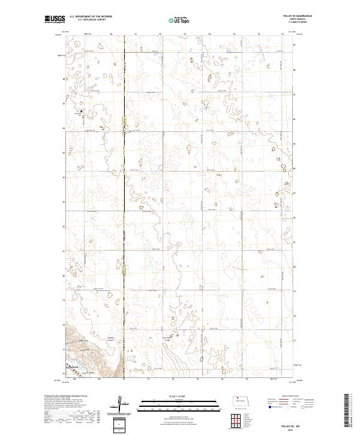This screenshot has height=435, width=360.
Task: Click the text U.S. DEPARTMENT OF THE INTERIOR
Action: point(91,16)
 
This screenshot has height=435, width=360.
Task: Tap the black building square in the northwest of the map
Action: point(82,110)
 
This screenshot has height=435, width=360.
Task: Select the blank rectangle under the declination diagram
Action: point(121,424)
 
